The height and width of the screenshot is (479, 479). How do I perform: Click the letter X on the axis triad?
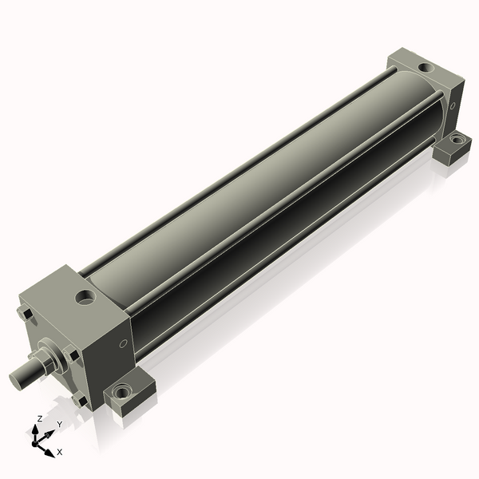[60, 452]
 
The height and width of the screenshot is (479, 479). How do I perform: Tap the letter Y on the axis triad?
[60, 424]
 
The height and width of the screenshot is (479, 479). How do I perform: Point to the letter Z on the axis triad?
[40, 418]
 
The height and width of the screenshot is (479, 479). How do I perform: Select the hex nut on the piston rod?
[43, 363]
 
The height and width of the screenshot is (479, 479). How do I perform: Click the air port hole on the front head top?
[85, 297]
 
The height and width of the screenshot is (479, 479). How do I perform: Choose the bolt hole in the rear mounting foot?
[457, 141]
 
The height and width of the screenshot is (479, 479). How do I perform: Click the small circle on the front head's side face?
[123, 343]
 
